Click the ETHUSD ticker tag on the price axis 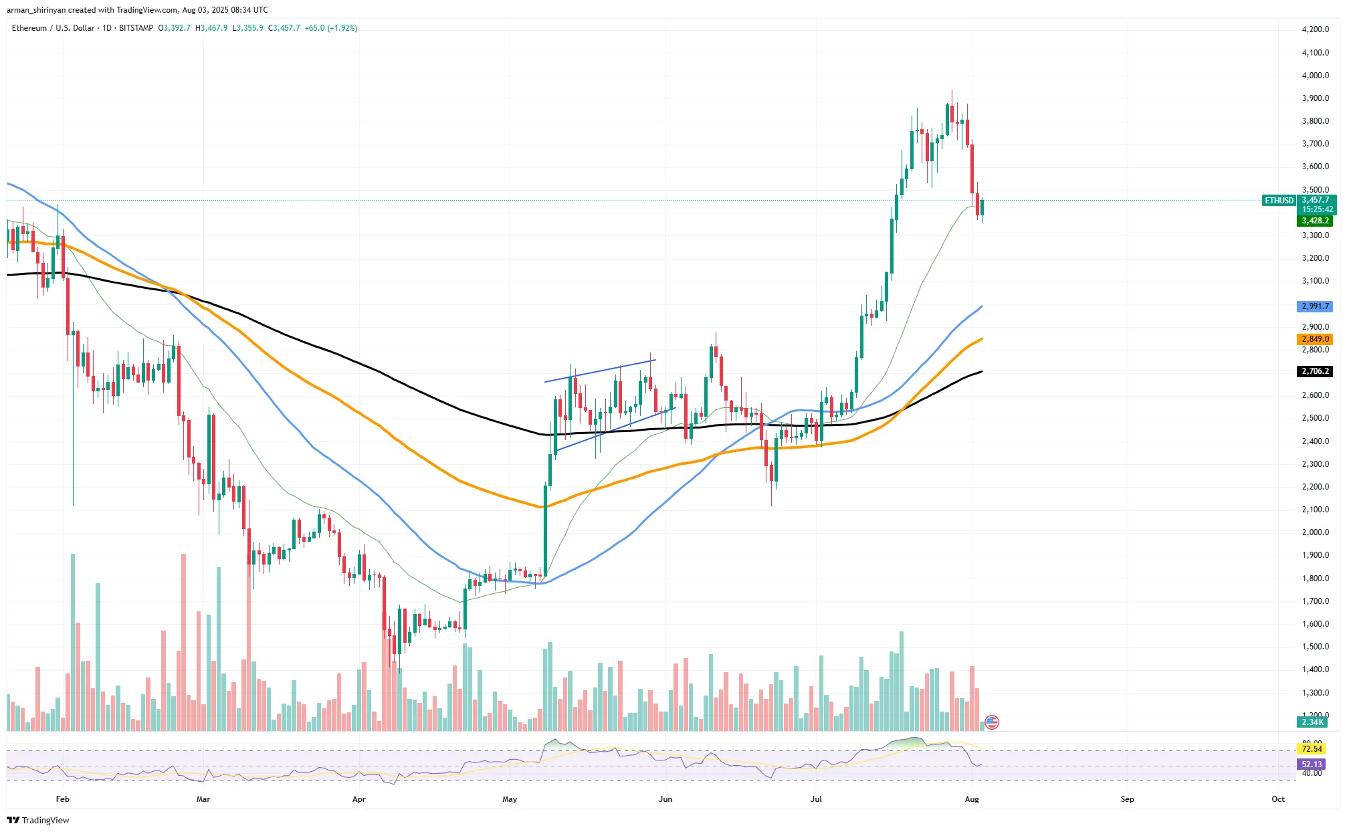pos(1279,201)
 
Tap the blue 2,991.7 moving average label pos(1315,306)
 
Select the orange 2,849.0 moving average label pos(1315,339)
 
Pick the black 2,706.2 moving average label pos(1315,371)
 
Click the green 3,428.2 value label pos(1315,221)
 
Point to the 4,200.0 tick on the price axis pos(1315,29)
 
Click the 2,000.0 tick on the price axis pos(1315,532)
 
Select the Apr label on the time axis pos(359,799)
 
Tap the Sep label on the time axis pos(1127,799)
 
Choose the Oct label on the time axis pos(1277,799)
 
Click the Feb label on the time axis pos(63,799)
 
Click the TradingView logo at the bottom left pos(38,821)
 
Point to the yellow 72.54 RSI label pos(1312,749)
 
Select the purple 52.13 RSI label pos(1312,764)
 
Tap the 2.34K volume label pos(1312,722)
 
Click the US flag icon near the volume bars pos(992,722)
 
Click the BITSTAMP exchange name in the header pos(136,28)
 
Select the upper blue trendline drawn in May pos(600,371)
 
